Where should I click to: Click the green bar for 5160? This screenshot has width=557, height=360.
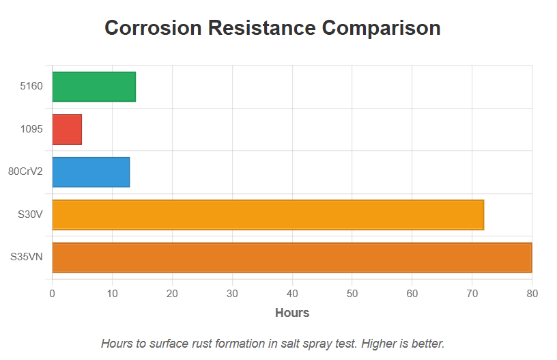94,87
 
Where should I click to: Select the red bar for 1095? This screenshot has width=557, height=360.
67,129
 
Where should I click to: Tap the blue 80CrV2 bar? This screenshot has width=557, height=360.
91,172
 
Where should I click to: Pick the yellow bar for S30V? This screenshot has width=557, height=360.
268,214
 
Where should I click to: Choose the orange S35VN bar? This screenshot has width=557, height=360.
291,258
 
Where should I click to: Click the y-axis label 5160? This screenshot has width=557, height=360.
31,87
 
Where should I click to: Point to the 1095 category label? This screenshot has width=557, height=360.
31,129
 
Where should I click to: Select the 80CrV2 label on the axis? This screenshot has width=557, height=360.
25,172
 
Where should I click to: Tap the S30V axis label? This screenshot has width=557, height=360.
30,214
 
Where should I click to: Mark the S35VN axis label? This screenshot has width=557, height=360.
27,258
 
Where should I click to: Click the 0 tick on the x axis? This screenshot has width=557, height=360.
52,294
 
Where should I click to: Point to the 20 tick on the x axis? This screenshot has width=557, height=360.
172,294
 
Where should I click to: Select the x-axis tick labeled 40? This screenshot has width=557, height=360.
292,294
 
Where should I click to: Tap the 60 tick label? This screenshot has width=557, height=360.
412,294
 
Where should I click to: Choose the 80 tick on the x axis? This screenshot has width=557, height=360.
532,294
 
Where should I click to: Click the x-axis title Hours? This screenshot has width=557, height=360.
291,313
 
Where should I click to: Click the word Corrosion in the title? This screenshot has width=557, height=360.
153,29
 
